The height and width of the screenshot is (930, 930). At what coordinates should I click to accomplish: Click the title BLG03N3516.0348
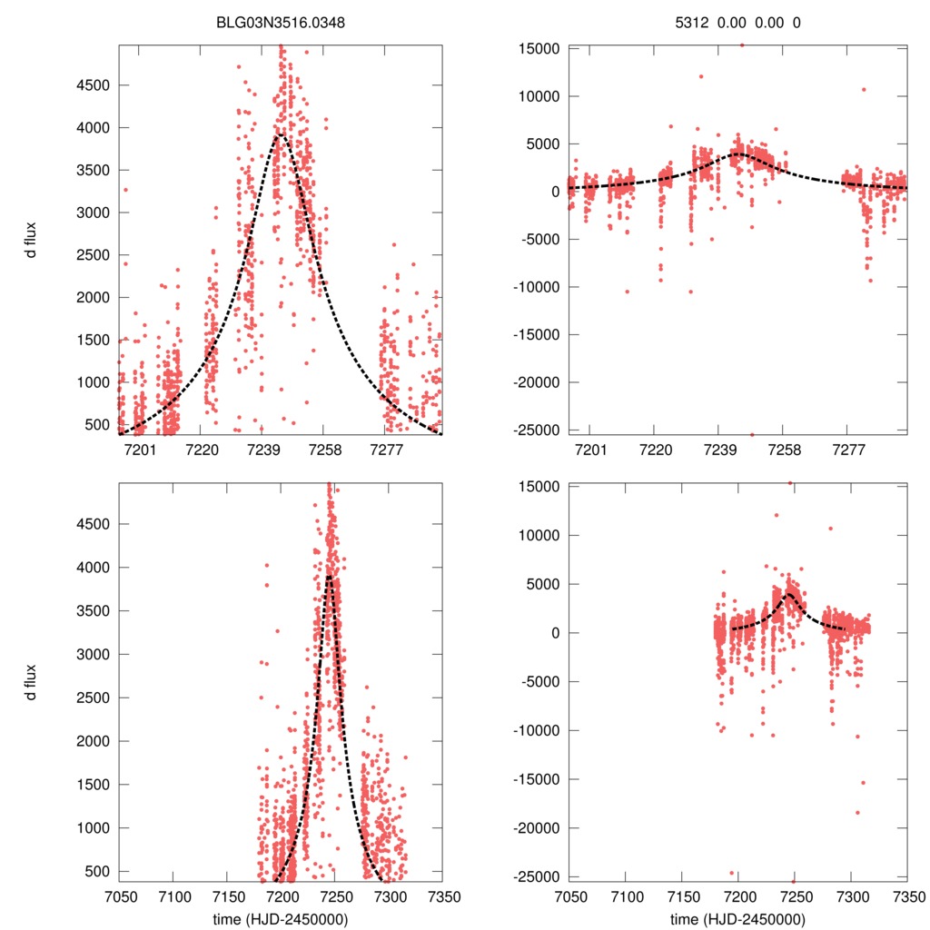[x=281, y=22]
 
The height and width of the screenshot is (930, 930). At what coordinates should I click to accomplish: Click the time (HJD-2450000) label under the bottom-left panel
[x=281, y=919]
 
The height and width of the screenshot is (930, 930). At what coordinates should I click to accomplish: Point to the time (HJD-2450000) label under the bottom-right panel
[x=737, y=919]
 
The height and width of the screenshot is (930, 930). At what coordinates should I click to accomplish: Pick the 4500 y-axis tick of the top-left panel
[x=94, y=85]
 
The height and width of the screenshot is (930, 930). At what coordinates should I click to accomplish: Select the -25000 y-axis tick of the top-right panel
[x=536, y=430]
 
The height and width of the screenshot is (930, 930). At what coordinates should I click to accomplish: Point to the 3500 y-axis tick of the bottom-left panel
[x=94, y=610]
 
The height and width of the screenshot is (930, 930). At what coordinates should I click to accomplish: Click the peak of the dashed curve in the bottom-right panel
[x=788, y=594]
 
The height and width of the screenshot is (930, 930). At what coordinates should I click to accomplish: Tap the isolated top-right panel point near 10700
[x=864, y=89]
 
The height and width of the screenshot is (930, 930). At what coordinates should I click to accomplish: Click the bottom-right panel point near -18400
[x=856, y=812]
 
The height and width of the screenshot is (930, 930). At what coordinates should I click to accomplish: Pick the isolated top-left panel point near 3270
[x=125, y=190]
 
